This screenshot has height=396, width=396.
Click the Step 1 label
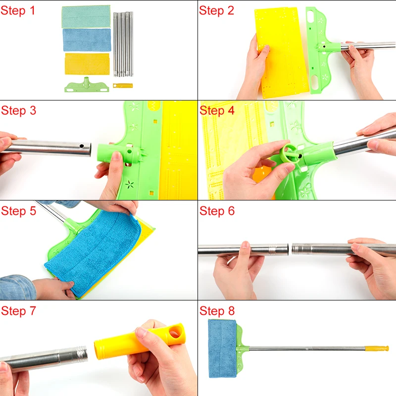(x=17, y=10)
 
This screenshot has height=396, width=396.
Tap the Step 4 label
(x=217, y=110)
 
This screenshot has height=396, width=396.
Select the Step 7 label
(x=18, y=311)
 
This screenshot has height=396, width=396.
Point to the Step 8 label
(x=217, y=311)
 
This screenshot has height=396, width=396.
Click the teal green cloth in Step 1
(x=86, y=16)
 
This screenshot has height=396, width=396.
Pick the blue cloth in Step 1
(x=87, y=40)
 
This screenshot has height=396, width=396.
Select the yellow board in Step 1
(x=87, y=64)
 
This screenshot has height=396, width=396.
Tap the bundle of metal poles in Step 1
(x=123, y=44)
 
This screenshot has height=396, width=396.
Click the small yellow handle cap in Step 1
(x=123, y=86)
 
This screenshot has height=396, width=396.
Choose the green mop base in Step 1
(x=87, y=85)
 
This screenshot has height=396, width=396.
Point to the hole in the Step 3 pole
(x=81, y=146)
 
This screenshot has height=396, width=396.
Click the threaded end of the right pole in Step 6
(x=296, y=249)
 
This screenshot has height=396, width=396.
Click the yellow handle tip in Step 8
(x=377, y=348)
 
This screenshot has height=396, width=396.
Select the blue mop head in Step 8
(x=222, y=348)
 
